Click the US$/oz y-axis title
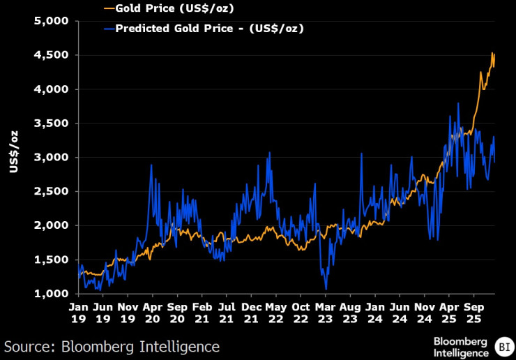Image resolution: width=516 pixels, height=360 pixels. point(13,157)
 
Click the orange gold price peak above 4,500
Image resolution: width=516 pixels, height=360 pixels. point(492,53)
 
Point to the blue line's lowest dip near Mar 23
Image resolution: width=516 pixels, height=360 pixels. point(326,289)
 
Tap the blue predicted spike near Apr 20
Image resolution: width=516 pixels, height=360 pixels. point(151,165)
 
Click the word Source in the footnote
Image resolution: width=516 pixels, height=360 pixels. point(28,346)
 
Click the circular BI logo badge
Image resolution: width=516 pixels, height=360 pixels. point(502,345)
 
